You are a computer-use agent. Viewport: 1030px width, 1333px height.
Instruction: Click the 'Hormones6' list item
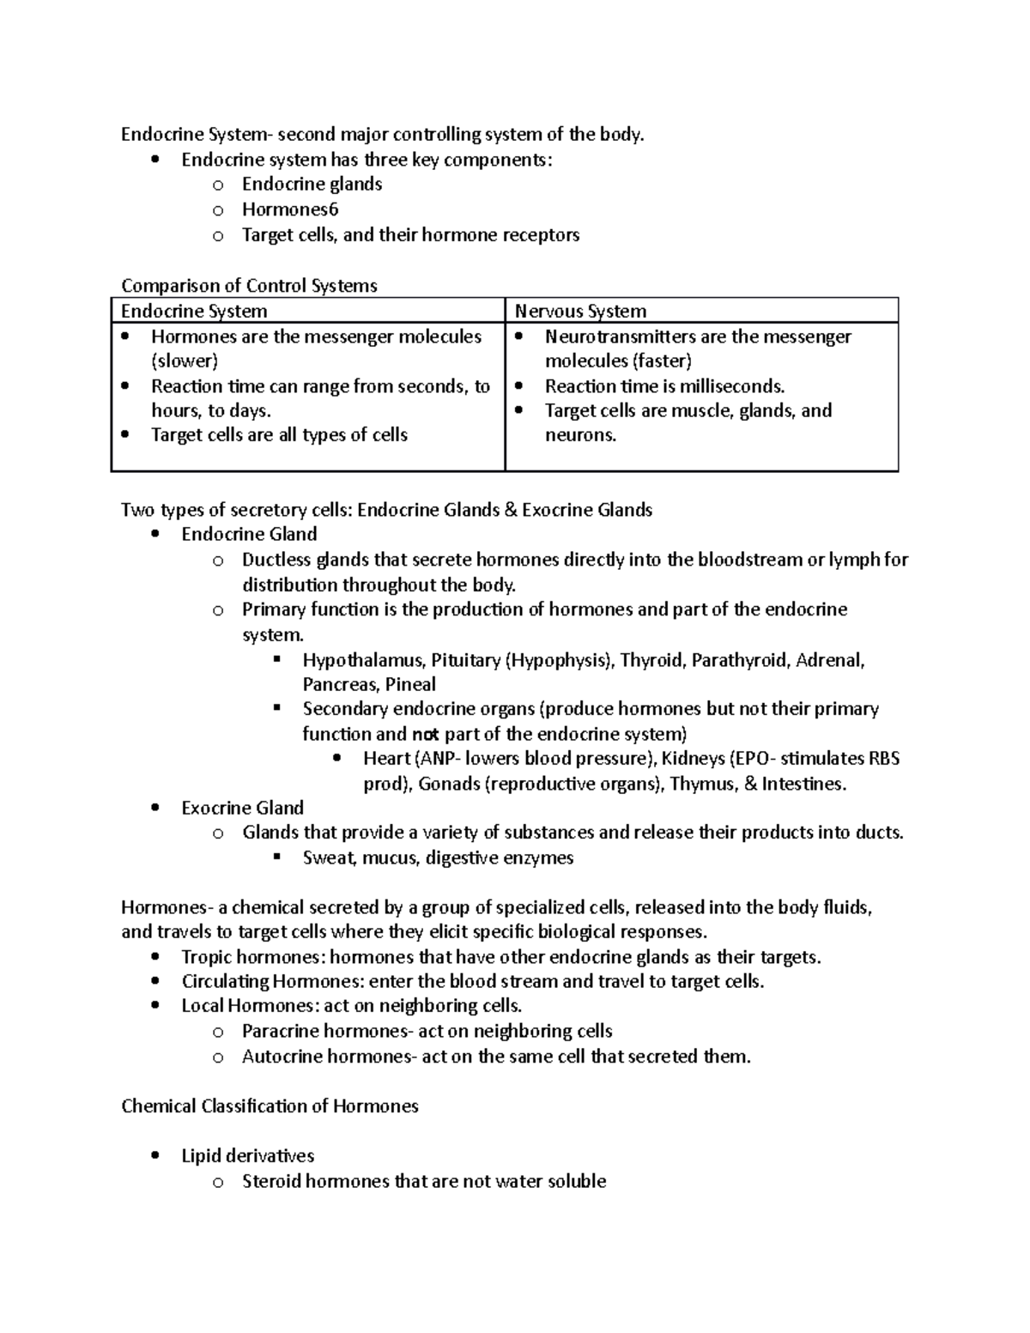(290, 209)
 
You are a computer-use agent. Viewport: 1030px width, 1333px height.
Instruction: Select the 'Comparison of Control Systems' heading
(249, 285)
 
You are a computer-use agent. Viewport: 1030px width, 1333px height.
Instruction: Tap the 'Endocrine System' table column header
(194, 311)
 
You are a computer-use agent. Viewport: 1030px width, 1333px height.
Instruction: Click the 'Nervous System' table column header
(580, 311)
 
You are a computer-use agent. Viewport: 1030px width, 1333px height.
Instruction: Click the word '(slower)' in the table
(185, 361)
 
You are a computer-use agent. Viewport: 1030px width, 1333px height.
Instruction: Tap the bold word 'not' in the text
(425, 735)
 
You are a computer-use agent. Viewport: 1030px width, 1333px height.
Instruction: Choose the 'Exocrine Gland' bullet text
(243, 808)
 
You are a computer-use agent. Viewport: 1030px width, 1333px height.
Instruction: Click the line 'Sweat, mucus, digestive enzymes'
(438, 857)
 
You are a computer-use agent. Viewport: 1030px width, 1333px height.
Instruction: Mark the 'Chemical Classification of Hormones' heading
(270, 1106)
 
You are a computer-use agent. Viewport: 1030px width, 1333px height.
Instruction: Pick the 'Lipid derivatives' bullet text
(248, 1156)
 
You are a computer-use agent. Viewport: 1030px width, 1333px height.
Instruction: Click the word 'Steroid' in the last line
(273, 1181)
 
